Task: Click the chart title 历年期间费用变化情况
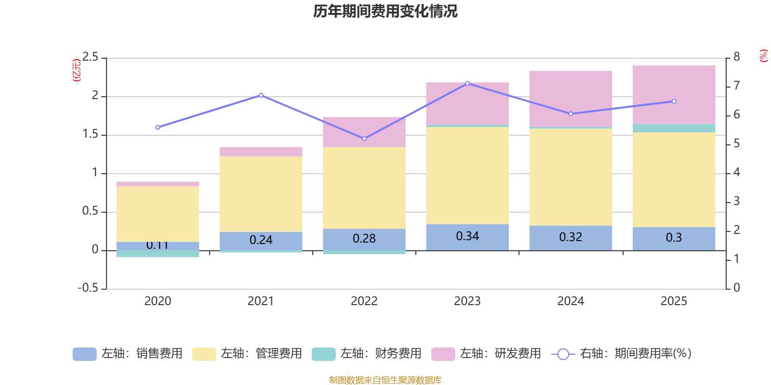pos(385,11)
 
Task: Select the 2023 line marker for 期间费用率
pos(467,83)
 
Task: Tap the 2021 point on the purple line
pos(261,95)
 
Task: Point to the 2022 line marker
pos(364,139)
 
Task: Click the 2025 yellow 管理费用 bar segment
pos(674,179)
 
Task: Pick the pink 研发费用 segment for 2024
pos(571,99)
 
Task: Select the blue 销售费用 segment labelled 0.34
pos(467,237)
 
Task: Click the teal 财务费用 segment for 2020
pos(158,254)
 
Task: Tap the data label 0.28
pos(364,239)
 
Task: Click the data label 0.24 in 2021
pos(261,240)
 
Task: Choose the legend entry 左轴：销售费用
pos(128,354)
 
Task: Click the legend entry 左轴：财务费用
pos(367,354)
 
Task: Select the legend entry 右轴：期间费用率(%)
pos(622,354)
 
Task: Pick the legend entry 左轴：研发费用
pos(486,354)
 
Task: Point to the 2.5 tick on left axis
pos(90,57)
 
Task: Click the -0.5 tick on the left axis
pos(88,288)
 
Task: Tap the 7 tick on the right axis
pos(736,86)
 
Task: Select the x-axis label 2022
pos(364,301)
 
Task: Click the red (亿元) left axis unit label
pos(76,70)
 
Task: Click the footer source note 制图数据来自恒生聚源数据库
pos(385,380)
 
